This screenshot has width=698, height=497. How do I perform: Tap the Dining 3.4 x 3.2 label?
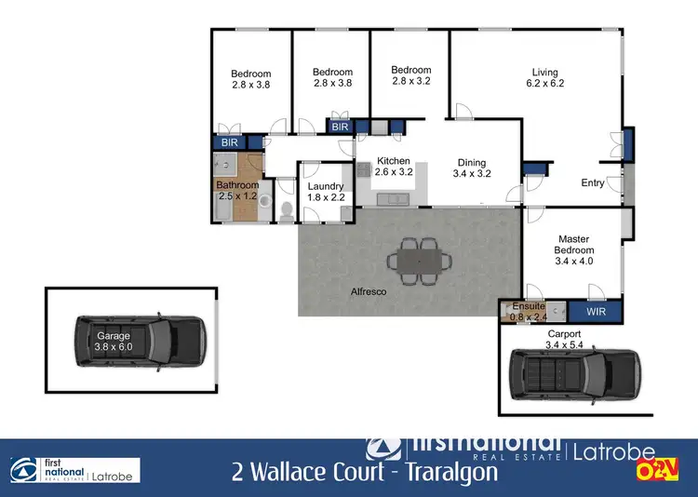(471, 167)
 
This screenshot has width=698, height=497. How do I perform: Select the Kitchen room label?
(393, 167)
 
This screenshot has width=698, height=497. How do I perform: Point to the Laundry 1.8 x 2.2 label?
(326, 191)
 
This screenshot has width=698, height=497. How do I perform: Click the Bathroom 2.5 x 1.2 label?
(237, 191)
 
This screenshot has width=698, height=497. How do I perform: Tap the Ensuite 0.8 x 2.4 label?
(528, 311)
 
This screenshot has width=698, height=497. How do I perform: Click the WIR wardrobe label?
(596, 312)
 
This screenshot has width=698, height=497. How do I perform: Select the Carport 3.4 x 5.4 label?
(563, 339)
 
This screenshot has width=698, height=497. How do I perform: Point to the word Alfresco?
(369, 291)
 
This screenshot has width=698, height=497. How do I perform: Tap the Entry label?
(592, 183)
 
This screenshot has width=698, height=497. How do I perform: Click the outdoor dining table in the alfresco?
(417, 259)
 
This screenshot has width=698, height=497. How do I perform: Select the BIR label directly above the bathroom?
(229, 142)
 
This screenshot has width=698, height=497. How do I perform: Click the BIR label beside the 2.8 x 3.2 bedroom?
(340, 127)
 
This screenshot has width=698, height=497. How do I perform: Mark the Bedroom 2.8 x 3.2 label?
(410, 75)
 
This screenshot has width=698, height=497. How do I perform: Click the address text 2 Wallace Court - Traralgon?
(365, 471)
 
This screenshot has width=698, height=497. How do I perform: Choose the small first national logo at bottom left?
(74, 470)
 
